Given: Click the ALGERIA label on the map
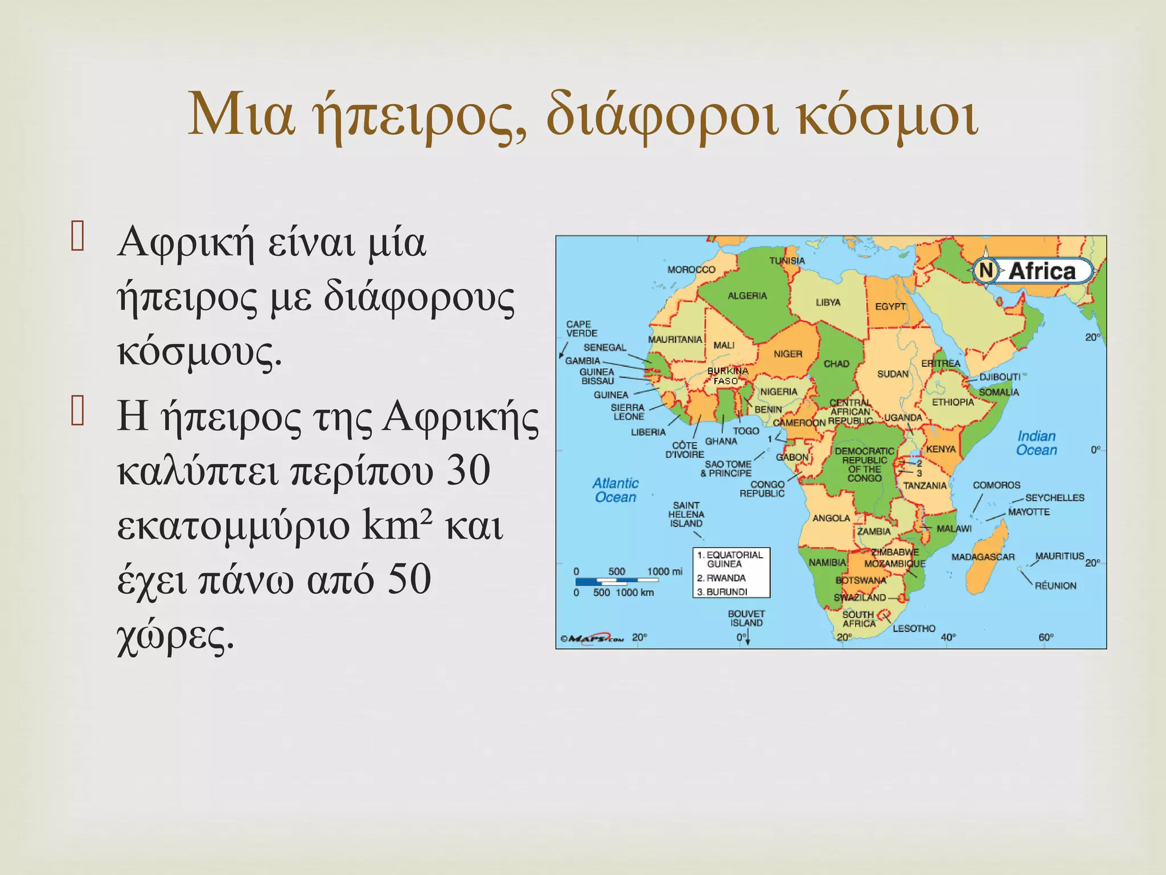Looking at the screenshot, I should click(747, 296).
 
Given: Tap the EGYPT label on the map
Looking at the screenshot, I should click(890, 306).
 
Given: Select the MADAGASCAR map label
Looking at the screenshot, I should click(983, 557).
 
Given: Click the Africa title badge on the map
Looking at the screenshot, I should click(1042, 271).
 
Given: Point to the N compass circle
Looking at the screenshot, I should click(986, 271).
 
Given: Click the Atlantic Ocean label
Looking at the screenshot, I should click(615, 490).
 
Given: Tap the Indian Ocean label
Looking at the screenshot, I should click(1036, 443).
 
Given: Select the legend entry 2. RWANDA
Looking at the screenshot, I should click(721, 578).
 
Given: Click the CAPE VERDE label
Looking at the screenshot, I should click(581, 329).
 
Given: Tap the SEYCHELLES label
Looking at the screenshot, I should click(1054, 497).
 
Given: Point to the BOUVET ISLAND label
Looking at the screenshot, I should click(746, 618).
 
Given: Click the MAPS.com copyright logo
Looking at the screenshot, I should click(592, 638).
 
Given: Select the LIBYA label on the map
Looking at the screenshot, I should click(828, 302).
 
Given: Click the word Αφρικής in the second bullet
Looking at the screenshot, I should click(460, 417).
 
